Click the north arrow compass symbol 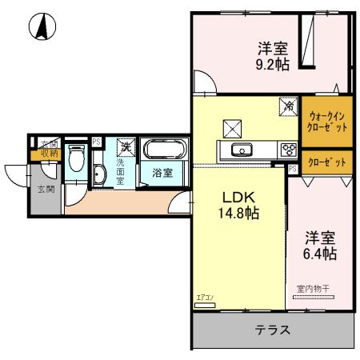pos(38,28)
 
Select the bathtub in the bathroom pos(165,150)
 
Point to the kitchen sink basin pos(241,150)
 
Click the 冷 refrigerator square pos(286,105)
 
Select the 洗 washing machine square pos(126,147)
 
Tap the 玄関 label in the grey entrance pos(46,190)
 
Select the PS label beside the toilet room pos(96,142)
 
